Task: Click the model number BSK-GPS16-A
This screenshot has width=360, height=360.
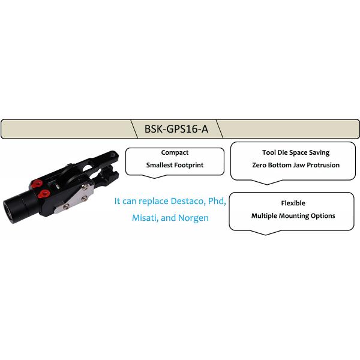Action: (x=176, y=129)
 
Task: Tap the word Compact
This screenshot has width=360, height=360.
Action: (x=175, y=152)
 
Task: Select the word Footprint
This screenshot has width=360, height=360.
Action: (x=189, y=165)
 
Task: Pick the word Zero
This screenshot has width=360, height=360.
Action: (x=259, y=165)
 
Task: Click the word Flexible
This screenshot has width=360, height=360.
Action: (x=293, y=203)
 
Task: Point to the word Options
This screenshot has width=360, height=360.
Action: (x=323, y=216)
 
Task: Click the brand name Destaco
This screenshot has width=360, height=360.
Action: (x=188, y=201)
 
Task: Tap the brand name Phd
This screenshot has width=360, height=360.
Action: (x=217, y=201)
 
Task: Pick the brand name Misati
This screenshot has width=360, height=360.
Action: (x=145, y=218)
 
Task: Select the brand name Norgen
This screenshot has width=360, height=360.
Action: (x=194, y=218)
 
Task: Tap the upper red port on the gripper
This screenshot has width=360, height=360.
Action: (x=37, y=184)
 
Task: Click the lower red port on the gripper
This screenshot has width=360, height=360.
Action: (x=44, y=194)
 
